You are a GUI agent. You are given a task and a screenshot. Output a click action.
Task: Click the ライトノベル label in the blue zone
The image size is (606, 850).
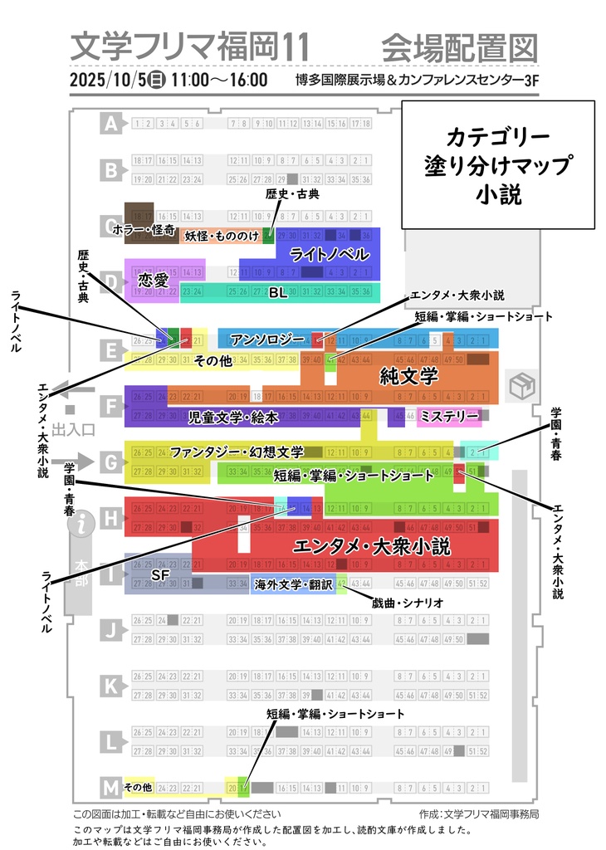tap(329, 254)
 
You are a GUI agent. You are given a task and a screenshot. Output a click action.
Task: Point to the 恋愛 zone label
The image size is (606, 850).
tap(154, 280)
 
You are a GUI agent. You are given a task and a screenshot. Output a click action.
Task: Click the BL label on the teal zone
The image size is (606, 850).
tap(277, 292)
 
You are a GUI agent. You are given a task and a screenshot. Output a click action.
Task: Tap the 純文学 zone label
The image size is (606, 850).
tap(408, 377)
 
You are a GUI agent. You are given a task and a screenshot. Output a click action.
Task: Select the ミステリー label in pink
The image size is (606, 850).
tap(448, 415)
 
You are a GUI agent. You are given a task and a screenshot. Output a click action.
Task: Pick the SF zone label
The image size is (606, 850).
tap(160, 574)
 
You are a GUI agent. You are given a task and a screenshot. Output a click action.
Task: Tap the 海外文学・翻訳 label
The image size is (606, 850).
tap(293, 585)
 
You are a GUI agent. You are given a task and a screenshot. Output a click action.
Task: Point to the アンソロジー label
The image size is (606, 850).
tap(268, 340)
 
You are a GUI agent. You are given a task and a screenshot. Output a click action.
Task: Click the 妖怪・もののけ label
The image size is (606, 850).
tap(222, 236)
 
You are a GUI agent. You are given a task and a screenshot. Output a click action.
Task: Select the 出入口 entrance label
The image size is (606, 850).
tap(75, 429)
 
